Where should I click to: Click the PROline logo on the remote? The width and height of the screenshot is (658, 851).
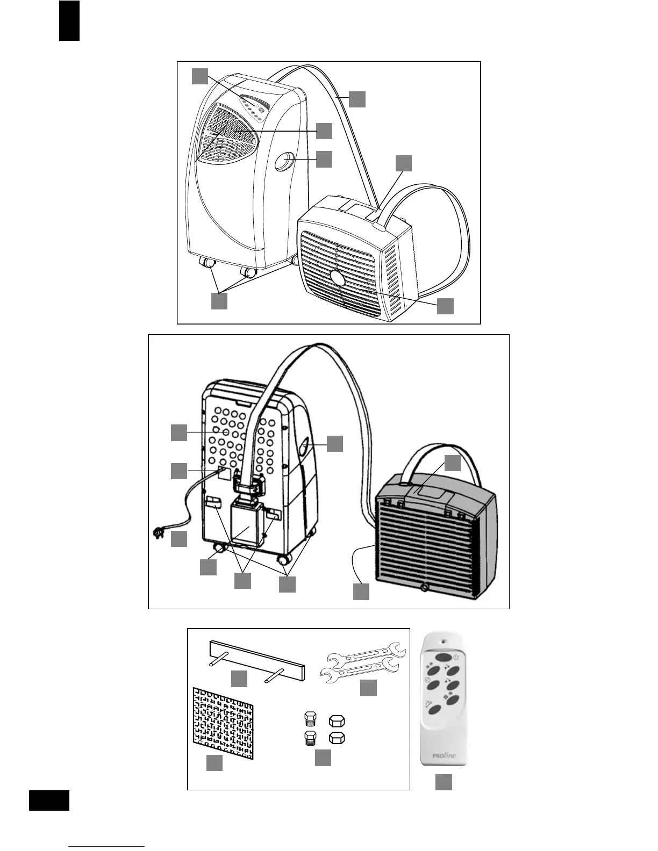pos(445,756)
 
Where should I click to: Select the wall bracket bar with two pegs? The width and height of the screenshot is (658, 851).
pos(257,657)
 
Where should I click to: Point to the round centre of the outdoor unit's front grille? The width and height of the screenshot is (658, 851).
pos(338,278)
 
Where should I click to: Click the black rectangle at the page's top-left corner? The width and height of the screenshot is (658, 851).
pos(69,21)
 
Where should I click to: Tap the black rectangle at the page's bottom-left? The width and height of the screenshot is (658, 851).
pos(49,800)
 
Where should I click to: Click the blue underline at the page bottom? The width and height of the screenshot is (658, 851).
pos(108,847)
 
